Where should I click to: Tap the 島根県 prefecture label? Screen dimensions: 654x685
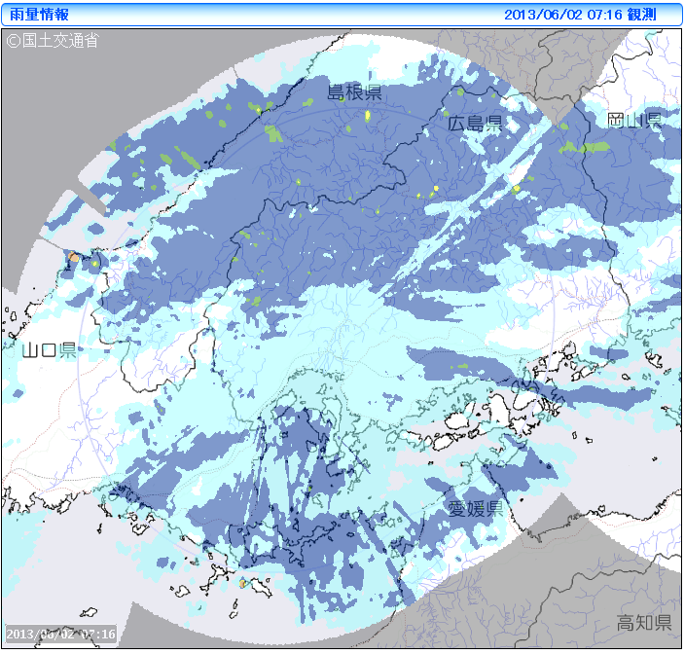[x=354, y=93]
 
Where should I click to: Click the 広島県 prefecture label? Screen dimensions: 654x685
[x=475, y=124]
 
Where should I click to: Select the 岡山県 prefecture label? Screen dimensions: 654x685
[x=633, y=121]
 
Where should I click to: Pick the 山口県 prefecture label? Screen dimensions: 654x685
[x=49, y=350]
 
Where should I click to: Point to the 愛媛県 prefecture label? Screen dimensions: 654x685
[x=475, y=509]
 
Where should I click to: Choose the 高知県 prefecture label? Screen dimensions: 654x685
[x=644, y=623]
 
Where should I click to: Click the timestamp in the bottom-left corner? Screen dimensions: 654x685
[x=60, y=635]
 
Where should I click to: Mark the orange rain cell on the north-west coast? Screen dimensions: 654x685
[x=75, y=257]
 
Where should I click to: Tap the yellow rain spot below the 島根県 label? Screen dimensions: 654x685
[x=368, y=116]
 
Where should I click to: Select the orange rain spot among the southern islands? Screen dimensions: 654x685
[x=242, y=583]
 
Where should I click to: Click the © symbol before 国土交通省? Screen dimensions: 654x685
[x=14, y=41]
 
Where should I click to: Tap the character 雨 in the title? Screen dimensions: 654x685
[x=17, y=15]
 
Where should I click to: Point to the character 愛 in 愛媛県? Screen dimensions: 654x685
[x=457, y=509]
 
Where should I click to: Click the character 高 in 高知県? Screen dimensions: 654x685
[x=626, y=623]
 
